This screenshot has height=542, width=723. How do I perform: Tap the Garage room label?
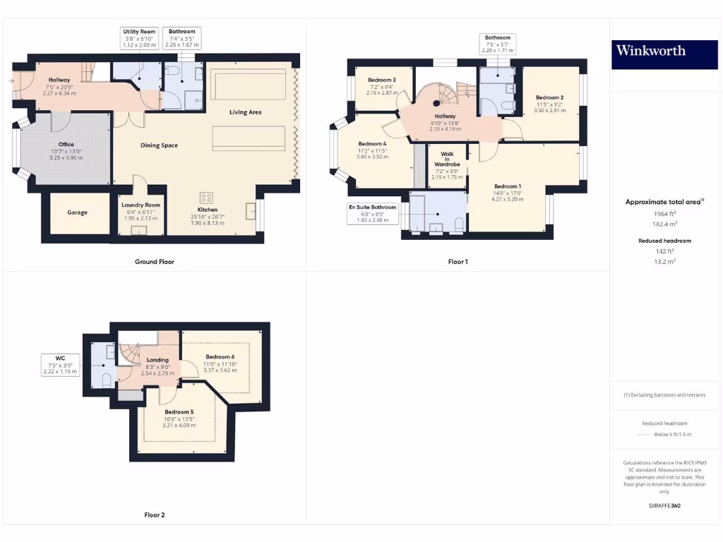78,212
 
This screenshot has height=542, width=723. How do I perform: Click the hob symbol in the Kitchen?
208,198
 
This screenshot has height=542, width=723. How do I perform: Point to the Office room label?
66,145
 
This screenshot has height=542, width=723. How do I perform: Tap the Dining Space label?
159,145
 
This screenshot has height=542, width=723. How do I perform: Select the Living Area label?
245,112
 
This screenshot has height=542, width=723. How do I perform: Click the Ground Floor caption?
155,262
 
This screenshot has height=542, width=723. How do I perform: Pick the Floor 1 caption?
458,262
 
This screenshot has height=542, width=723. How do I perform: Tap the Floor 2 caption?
154,515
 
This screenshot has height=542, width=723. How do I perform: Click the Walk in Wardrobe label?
448,159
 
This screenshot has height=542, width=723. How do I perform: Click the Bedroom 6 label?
220,357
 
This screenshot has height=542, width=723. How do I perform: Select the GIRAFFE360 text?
664,505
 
